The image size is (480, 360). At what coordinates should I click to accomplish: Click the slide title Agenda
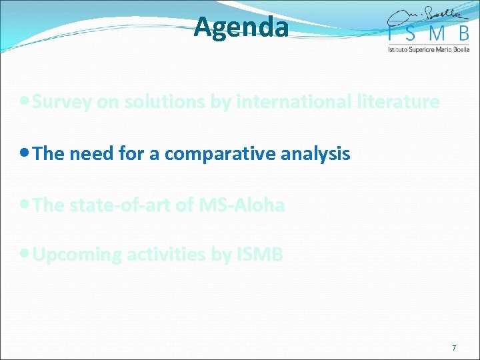click(241, 27)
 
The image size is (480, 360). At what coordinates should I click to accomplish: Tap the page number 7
click(454, 348)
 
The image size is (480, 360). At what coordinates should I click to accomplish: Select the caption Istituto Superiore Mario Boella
click(429, 49)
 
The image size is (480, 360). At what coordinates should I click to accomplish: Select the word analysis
click(317, 154)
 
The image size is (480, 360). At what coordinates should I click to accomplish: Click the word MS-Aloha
click(241, 205)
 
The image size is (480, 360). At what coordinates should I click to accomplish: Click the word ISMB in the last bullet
click(259, 255)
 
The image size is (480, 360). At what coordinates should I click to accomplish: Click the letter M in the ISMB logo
click(432, 35)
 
